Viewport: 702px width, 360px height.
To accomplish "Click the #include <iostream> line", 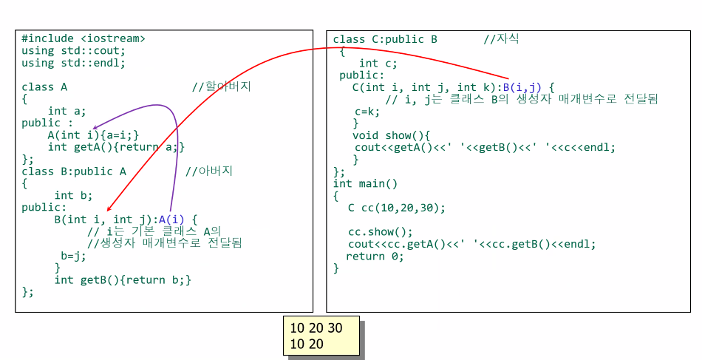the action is pos(84,38).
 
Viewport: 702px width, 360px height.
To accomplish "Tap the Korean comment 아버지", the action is pos(216,171).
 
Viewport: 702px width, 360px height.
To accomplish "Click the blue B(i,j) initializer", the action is pos(521,87).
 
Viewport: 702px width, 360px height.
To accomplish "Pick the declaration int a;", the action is pos(67,111).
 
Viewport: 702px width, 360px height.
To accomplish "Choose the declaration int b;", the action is pos(73,195).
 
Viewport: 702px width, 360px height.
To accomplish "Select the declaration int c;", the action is pos(378,64).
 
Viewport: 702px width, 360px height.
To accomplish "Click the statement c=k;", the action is pos(367,111).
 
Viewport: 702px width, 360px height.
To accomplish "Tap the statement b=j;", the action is pos(74,256).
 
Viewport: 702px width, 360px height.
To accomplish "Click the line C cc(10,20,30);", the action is pos(397,208).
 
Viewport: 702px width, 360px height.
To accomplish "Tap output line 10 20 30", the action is pos(316,327).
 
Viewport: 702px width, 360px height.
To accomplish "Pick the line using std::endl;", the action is pos(73,63).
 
